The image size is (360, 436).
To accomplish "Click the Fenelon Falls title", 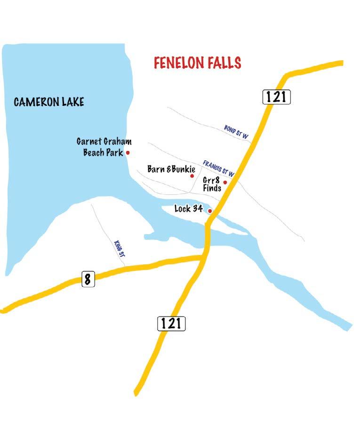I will (x=198, y=63).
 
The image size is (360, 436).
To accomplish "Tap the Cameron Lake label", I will (x=49, y=102).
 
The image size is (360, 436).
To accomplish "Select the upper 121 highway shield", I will (x=276, y=97).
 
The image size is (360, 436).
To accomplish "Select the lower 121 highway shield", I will (x=171, y=323).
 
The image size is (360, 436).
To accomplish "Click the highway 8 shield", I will (x=88, y=279).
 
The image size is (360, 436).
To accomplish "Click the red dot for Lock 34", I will (x=210, y=211).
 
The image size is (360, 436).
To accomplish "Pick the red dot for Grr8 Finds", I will (x=225, y=182).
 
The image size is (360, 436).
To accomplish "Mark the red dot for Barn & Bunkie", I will (x=192, y=175).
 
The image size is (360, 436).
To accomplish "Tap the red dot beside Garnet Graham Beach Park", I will (x=128, y=152).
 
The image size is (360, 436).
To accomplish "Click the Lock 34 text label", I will (x=189, y=208).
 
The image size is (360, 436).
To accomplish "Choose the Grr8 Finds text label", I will (x=212, y=184).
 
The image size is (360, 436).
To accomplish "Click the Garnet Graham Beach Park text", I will (x=104, y=147).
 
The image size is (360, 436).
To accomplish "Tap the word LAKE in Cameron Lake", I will (x=71, y=102).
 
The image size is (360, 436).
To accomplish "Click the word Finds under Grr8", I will (x=212, y=188).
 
